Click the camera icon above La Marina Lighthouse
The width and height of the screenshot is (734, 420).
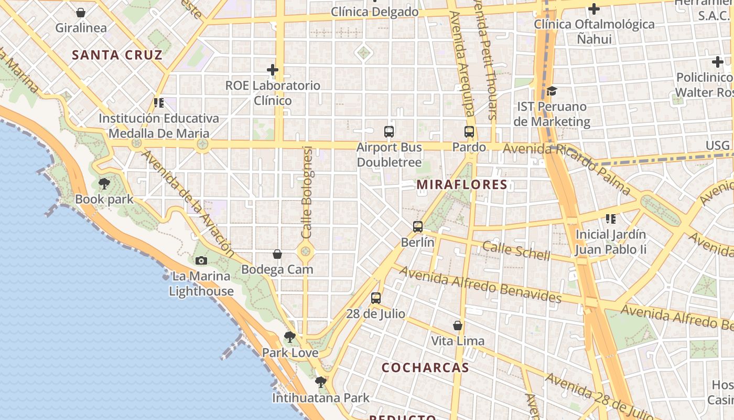201,260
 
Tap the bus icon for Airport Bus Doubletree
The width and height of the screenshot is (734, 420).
388,132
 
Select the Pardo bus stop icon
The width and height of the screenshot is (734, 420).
469,132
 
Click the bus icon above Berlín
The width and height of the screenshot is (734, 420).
417,227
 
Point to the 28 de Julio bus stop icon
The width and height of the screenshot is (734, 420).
375,298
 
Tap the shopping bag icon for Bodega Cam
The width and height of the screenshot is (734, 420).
277,254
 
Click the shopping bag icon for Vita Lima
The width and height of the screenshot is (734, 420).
458,325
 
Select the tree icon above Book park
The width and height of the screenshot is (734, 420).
104,184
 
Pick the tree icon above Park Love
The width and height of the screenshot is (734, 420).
289,337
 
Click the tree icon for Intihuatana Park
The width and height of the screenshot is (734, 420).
320,382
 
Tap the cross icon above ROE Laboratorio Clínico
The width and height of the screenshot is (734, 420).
273,69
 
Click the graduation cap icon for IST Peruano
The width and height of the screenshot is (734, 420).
552,91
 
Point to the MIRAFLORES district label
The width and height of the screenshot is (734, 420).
462,184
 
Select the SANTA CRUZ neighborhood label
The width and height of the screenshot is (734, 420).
117,55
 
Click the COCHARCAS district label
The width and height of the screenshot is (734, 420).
425,367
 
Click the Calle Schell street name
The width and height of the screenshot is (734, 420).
516,250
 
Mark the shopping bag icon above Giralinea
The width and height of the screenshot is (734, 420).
81,13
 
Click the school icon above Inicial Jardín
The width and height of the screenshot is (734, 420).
610,218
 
